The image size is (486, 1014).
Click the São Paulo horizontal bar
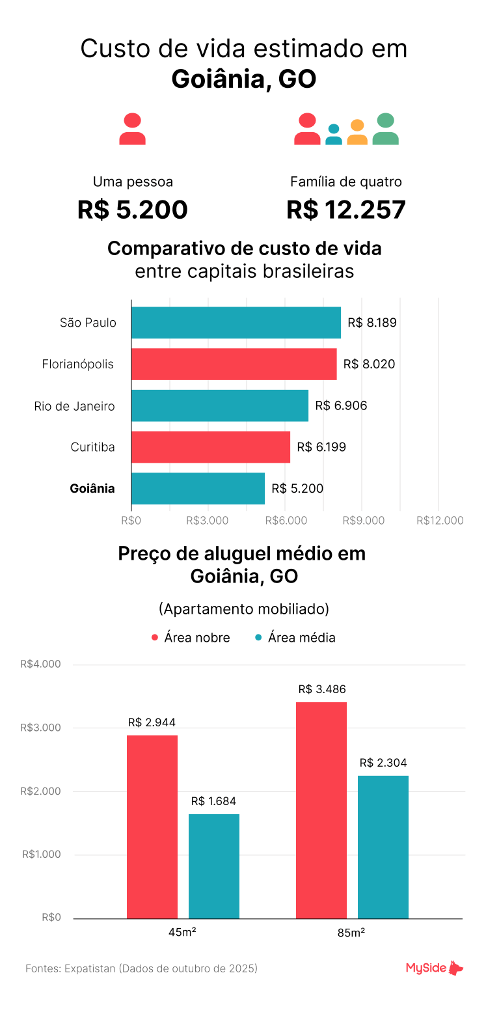tap(236, 323)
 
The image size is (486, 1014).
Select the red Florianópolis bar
tap(234, 364)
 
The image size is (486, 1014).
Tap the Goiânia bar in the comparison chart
tap(198, 488)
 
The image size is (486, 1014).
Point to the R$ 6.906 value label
tap(341, 405)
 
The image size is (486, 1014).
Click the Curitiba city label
tap(92, 447)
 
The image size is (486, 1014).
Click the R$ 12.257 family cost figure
tap(346, 210)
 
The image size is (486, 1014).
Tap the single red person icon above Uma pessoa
tap(132, 129)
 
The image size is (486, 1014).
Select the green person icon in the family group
tap(385, 129)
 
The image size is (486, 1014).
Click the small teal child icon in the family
tap(334, 135)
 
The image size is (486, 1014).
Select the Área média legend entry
tap(295, 638)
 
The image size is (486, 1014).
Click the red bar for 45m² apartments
tap(152, 827)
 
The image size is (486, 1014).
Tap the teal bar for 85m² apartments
tap(383, 847)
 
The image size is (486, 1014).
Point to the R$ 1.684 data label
tap(214, 801)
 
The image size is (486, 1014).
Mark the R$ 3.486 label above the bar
tap(321, 689)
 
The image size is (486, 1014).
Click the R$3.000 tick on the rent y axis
tap(40, 728)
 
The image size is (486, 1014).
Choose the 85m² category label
tap(351, 933)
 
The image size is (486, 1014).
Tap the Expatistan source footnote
tap(142, 968)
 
